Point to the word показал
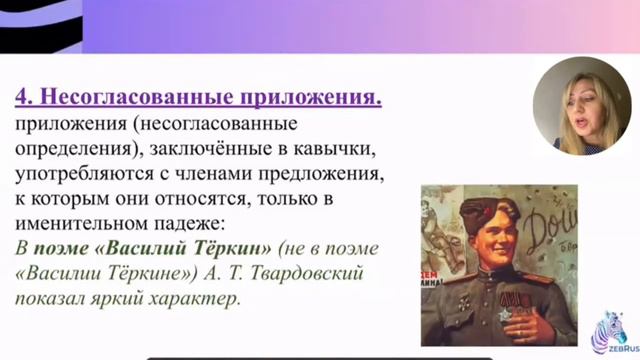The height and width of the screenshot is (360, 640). [x=50, y=299]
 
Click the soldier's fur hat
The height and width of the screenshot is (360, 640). [x=471, y=213]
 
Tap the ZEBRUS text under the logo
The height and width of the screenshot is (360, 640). [x=612, y=350]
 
